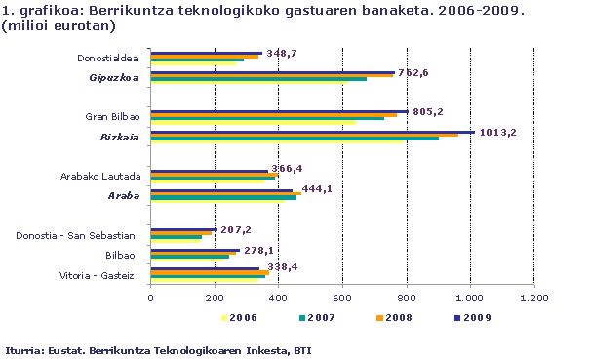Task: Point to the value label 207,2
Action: (x=234, y=230)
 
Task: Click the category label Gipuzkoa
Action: (x=113, y=77)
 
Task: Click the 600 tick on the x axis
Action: (x=342, y=298)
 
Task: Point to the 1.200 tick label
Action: (x=533, y=298)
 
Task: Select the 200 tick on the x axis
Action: (x=215, y=298)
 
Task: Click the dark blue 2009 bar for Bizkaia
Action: (x=312, y=131)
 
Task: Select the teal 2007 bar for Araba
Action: (x=223, y=198)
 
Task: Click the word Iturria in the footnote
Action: (x=26, y=348)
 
